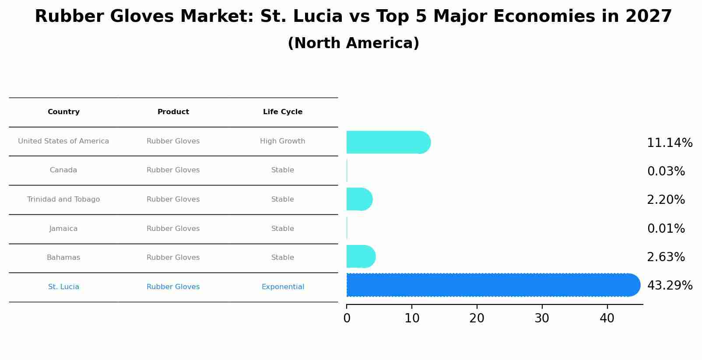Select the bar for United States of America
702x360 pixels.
388,142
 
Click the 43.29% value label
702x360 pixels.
670,286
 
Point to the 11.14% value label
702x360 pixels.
670,143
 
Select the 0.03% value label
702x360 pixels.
666,171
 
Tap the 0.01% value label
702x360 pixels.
666,229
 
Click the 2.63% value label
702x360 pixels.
666,257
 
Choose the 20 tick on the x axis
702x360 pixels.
477,318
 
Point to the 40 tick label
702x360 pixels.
607,318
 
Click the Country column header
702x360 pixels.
63,112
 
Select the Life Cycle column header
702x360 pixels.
283,112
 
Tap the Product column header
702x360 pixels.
173,112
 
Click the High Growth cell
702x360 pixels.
283,141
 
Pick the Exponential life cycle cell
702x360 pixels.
283,287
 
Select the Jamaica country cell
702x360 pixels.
63,229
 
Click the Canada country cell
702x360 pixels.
63,170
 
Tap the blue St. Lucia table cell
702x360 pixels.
63,287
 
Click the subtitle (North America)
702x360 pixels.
353,43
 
